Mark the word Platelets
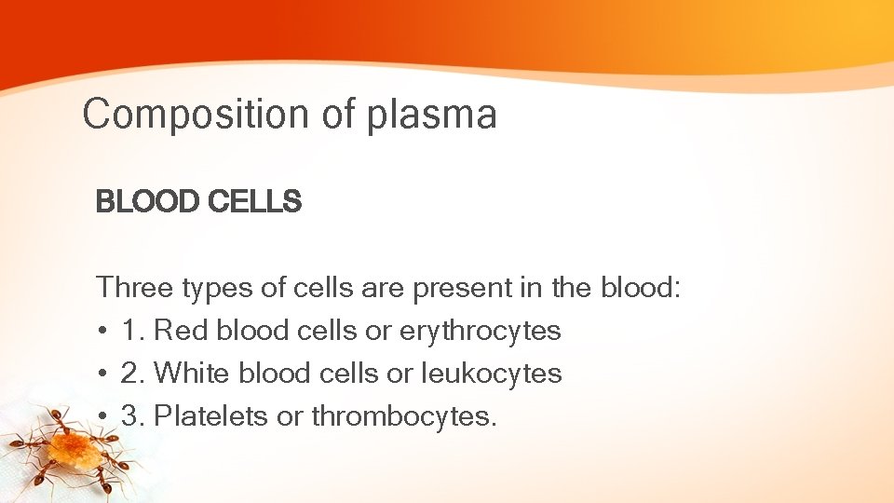point(211,416)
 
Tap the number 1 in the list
point(129,331)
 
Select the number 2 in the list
point(129,374)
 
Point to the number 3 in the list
point(129,416)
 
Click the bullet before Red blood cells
point(102,332)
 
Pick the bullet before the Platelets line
point(102,417)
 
